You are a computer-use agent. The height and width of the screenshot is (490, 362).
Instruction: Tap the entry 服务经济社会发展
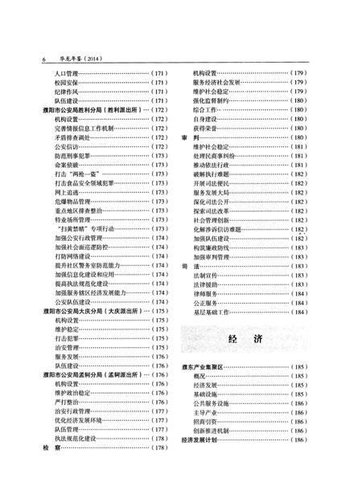tap(216, 83)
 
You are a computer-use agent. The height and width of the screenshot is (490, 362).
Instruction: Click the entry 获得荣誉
tap(205, 129)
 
